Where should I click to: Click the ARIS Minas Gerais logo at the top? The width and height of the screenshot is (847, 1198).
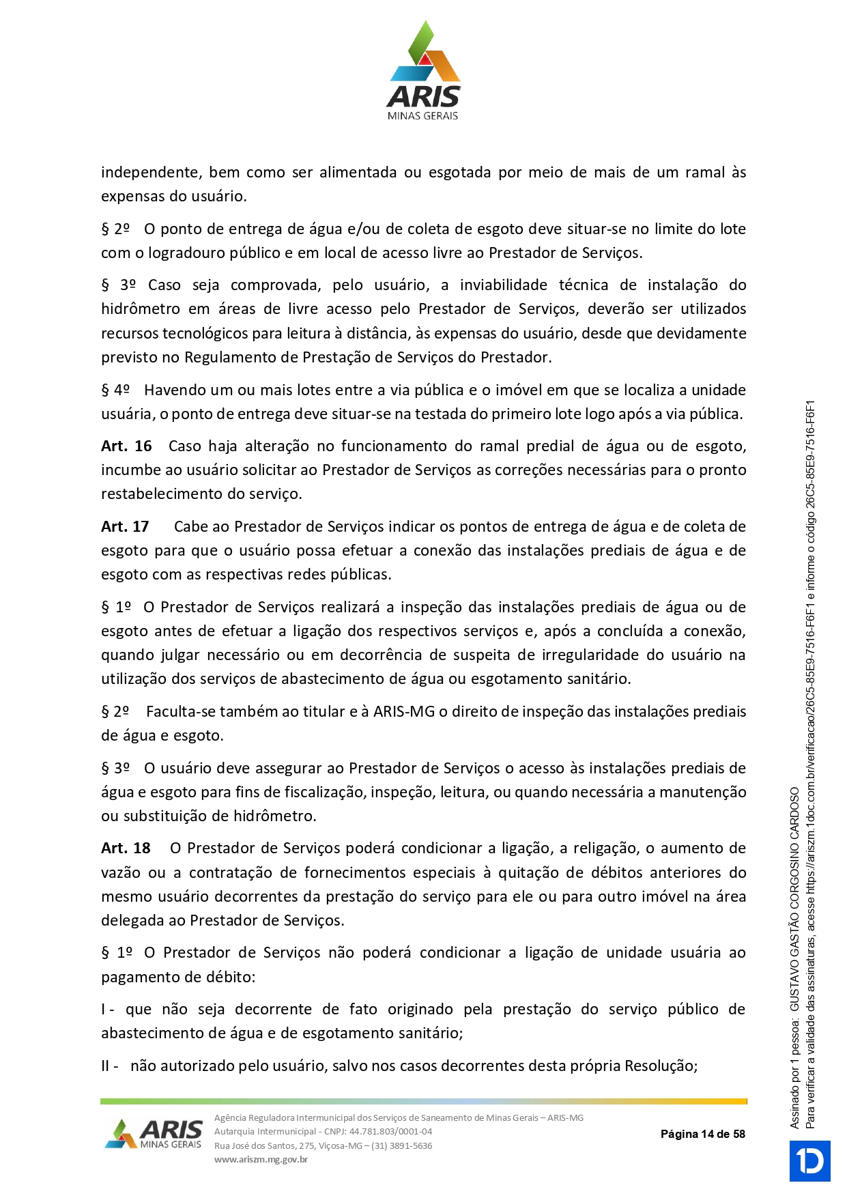point(423,72)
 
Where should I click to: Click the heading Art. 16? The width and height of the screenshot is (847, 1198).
point(126,446)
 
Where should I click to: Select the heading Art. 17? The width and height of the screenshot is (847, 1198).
point(125,527)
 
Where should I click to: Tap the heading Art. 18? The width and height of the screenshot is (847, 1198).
point(126,848)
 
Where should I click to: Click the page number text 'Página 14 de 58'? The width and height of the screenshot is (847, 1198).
point(702,1134)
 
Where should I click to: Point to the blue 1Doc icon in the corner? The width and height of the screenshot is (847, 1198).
point(809,1160)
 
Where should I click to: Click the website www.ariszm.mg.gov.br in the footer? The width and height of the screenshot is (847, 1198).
point(261,1159)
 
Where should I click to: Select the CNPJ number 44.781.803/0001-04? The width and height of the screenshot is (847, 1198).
point(390,1131)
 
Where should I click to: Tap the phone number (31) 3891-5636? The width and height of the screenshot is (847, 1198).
point(401,1145)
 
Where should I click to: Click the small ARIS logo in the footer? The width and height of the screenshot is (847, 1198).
point(154,1134)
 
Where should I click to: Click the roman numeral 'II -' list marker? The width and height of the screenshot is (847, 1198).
point(110,1066)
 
